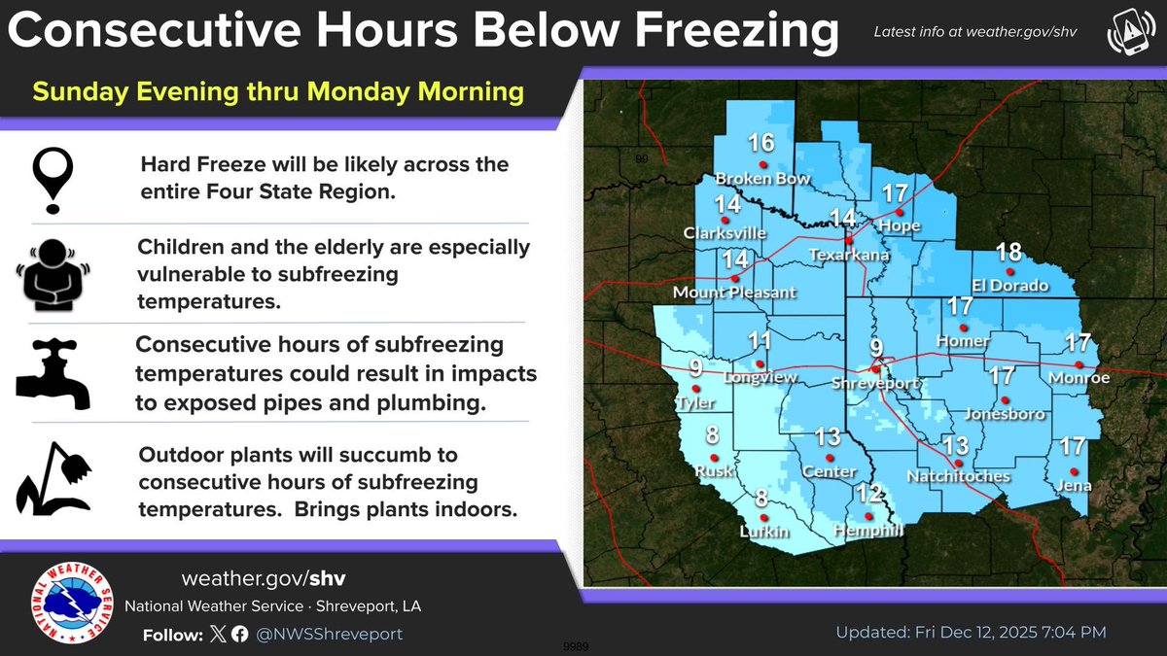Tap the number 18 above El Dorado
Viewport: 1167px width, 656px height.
pyautogui.click(x=1009, y=253)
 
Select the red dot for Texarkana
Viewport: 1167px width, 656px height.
pyautogui.click(x=849, y=239)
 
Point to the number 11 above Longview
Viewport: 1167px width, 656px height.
pyautogui.click(x=760, y=341)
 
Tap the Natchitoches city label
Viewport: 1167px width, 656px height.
pyautogui.click(x=958, y=476)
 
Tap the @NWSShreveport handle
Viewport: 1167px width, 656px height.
pyautogui.click(x=331, y=634)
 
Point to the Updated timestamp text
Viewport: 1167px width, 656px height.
pyautogui.click(x=971, y=633)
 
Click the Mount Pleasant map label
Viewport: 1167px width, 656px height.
pyautogui.click(x=734, y=293)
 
